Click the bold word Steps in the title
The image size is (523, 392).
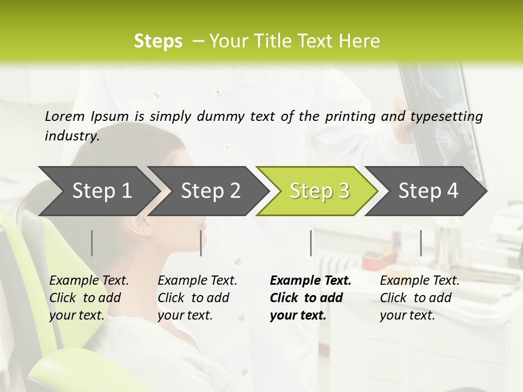coord(158,41)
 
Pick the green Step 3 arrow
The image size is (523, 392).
coord(319,191)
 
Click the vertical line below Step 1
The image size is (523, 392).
coord(92,243)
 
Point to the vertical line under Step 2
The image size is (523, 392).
coord(201,243)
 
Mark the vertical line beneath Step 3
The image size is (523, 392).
coord(311,243)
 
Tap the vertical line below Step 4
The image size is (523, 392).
coord(421,243)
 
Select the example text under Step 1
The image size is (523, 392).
coord(89,298)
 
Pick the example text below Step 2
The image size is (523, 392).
coord(197,298)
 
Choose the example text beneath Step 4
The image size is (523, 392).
coord(419,298)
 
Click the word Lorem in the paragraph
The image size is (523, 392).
coord(65,116)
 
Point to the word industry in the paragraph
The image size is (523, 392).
coord(71,136)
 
